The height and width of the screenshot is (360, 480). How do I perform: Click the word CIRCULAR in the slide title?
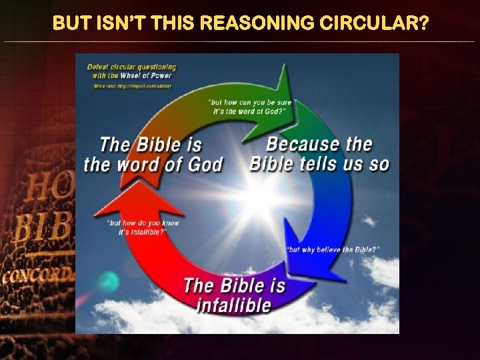pyautogui.click(x=369, y=24)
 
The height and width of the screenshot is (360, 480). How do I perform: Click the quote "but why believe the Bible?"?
pyautogui.click(x=333, y=249)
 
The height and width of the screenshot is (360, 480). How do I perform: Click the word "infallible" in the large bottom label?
pyautogui.click(x=234, y=305)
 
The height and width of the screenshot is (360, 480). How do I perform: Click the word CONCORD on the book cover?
pyautogui.click(x=37, y=276)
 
